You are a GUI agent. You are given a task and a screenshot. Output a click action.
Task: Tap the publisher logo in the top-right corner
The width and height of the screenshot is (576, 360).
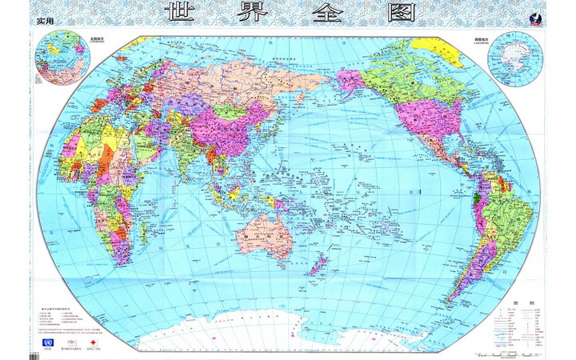[534, 18]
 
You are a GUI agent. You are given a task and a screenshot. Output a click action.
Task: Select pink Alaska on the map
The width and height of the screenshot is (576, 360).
[352, 81]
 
